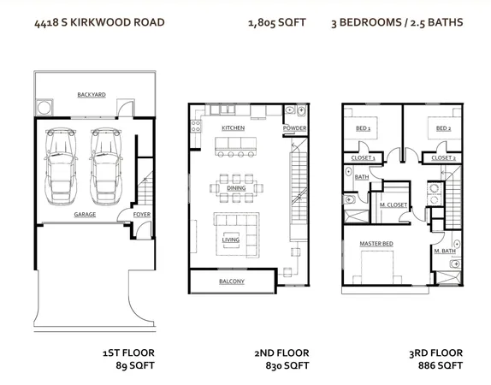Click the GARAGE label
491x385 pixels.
click(x=84, y=214)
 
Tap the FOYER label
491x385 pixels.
click(x=140, y=214)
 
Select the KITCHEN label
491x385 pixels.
click(x=233, y=127)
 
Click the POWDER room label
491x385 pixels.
click(x=294, y=128)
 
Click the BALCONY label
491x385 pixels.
click(x=231, y=281)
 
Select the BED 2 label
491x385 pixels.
click(x=442, y=128)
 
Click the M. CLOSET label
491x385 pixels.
click(x=392, y=205)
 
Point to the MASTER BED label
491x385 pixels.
click(x=376, y=245)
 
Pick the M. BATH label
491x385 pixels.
click(x=442, y=250)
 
